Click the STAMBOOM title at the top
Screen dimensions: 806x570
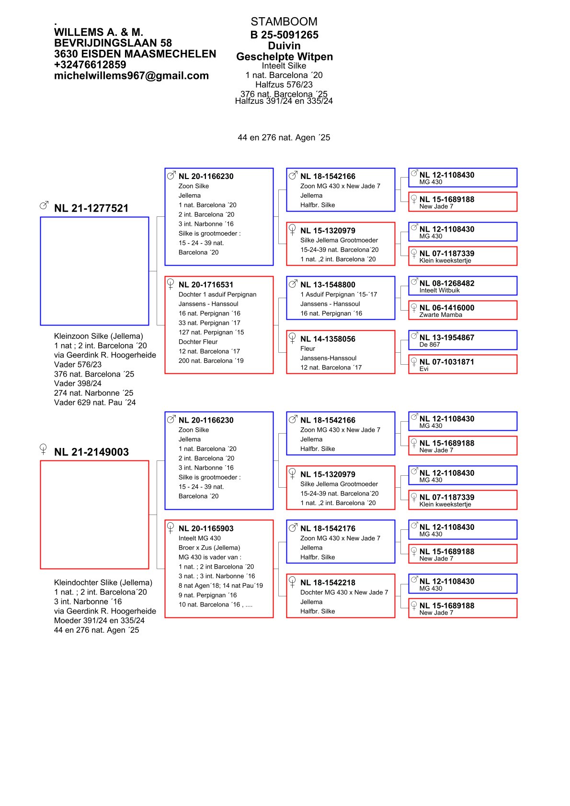click(284, 22)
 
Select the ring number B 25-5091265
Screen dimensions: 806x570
click(284, 34)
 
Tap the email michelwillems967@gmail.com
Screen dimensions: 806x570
click(131, 76)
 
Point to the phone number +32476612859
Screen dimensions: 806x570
click(90, 65)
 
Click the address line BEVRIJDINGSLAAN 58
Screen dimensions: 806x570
click(113, 43)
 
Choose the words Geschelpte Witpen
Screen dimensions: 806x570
click(284, 56)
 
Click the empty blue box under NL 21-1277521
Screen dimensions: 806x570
click(94, 271)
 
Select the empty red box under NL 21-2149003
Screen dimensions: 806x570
click(94, 515)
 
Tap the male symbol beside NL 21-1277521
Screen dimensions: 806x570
click(44, 205)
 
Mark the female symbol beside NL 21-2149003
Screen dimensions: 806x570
click(44, 449)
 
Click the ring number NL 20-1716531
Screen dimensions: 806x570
click(206, 285)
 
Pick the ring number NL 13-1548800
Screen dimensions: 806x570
click(328, 285)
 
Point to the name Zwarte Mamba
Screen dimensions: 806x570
click(441, 315)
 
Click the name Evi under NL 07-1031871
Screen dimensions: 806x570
click(424, 369)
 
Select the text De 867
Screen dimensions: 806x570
click(430, 345)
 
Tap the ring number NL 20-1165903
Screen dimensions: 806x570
click(206, 528)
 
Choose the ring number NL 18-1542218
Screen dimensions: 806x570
click(328, 582)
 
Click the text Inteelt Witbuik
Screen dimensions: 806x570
click(439, 291)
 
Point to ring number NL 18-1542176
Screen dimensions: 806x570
click(328, 528)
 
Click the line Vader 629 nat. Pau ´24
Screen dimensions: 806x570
click(95, 403)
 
